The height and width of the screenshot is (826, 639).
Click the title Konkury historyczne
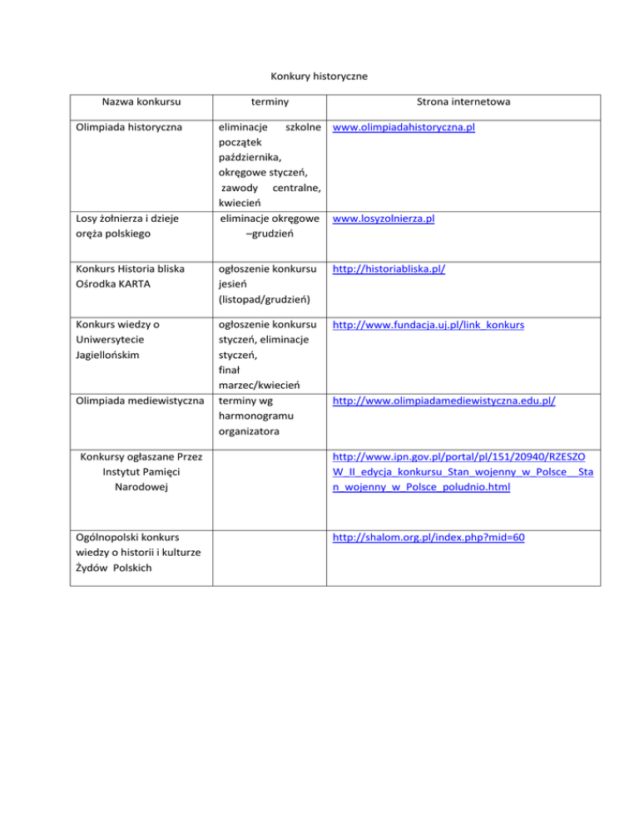[319, 76]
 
